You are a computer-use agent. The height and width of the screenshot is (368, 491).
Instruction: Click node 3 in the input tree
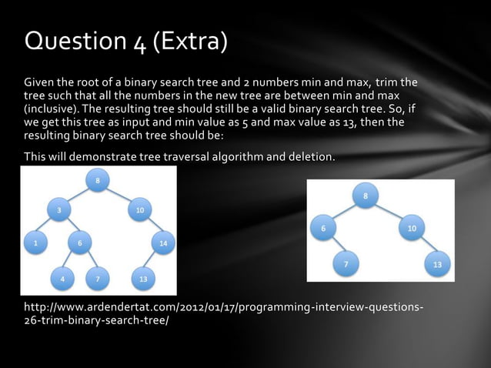[x=58, y=209]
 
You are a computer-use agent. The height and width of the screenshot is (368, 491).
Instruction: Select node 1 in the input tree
[x=35, y=243]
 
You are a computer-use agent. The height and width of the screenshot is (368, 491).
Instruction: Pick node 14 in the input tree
[x=162, y=243]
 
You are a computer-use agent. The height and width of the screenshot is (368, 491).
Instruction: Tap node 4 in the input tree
[x=62, y=279]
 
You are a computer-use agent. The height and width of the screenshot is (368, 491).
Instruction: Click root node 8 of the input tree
[x=98, y=181]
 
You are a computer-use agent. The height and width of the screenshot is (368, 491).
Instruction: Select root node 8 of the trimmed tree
[x=366, y=196]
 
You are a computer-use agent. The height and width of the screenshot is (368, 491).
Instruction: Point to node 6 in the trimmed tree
[x=323, y=229]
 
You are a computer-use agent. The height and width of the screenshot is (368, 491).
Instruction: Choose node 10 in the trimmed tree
[x=412, y=229]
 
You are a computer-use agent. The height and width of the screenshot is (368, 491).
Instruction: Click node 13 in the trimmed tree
[x=437, y=265]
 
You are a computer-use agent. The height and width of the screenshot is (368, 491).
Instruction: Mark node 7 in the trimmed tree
[x=346, y=265]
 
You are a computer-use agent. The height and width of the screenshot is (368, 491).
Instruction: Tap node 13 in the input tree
[x=142, y=279]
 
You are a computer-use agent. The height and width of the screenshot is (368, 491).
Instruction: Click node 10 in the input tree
[x=139, y=209]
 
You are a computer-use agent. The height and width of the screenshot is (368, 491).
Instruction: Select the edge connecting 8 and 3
[x=78, y=195]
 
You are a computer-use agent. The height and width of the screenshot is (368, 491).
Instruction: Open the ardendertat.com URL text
[x=223, y=313]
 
